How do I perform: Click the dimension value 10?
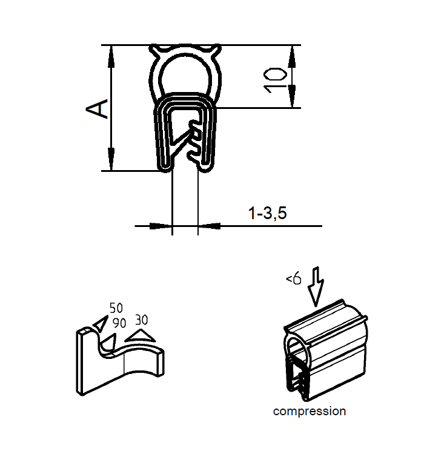click(276, 79)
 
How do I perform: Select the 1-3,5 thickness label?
click(267, 213)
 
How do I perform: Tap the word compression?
click(310, 412)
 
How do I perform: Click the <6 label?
click(293, 279)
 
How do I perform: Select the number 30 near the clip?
click(141, 319)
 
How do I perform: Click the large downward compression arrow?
click(316, 286)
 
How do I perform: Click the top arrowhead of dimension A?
click(111, 54)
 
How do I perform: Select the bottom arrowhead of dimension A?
click(111, 161)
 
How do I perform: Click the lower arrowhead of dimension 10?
click(291, 99)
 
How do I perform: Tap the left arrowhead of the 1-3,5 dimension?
click(162, 226)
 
